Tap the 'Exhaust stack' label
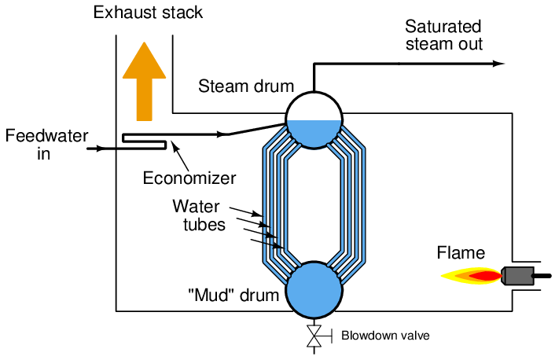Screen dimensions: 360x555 (x=148, y=13)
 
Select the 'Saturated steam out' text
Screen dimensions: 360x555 (x=444, y=35)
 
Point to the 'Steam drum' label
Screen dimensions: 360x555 (x=246, y=85)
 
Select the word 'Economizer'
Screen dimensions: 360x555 (x=189, y=178)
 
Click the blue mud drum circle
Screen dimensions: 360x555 (x=314, y=289)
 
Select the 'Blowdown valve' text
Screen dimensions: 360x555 (x=385, y=336)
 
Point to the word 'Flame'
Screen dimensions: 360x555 (x=461, y=253)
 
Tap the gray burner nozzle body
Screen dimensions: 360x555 (x=518, y=276)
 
